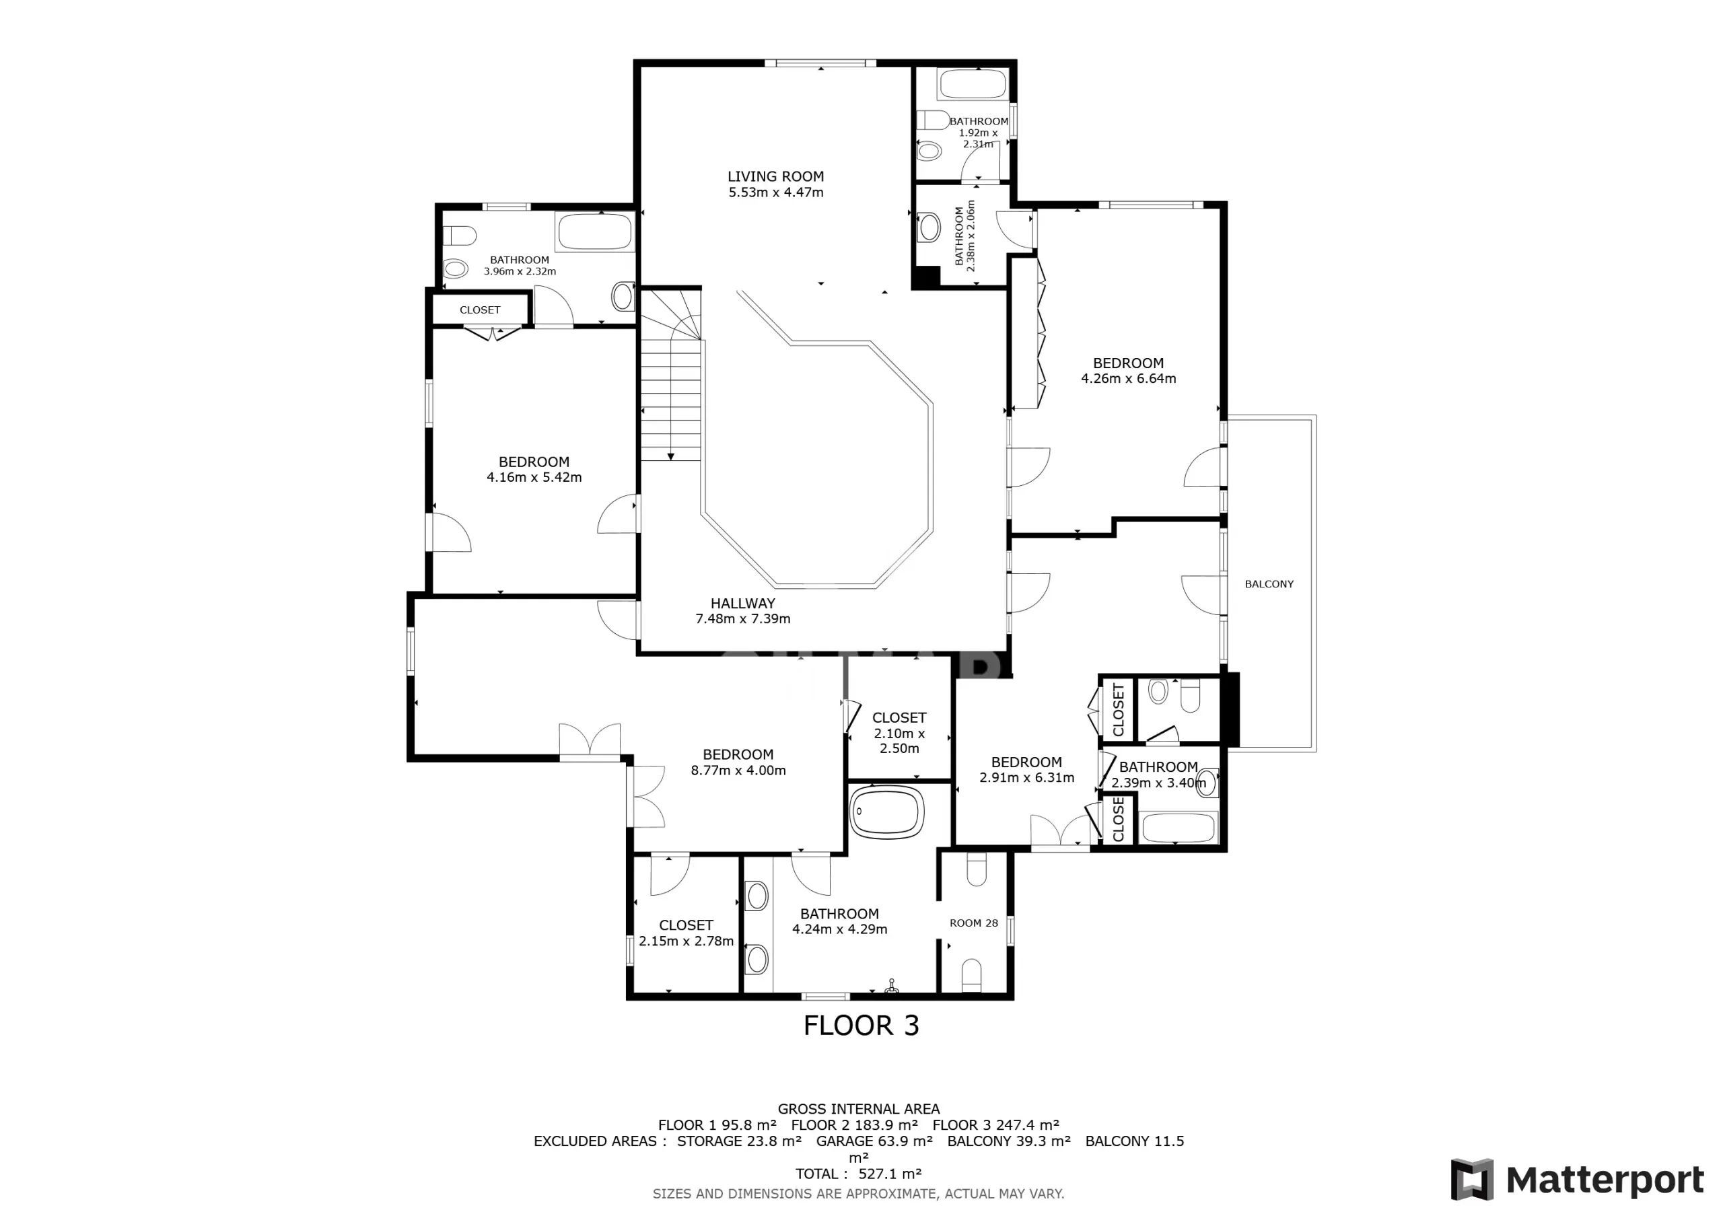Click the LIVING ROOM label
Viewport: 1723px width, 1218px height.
775,176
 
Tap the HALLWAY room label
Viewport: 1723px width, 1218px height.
742,604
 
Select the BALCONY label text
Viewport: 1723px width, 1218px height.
1269,584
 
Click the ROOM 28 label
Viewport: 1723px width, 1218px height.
973,923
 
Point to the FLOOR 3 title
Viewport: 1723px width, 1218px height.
861,1025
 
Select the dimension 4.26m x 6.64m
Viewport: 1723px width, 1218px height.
1128,379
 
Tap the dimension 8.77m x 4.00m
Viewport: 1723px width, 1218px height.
738,771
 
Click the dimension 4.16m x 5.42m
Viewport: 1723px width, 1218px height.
534,477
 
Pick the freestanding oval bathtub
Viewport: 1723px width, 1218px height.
886,812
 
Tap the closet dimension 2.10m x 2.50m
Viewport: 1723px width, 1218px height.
899,741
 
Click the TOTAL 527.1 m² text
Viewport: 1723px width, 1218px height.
859,1174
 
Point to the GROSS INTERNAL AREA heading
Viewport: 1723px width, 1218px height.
859,1108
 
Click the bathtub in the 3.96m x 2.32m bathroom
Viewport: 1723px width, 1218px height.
595,231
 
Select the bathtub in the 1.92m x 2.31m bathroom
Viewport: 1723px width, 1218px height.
972,84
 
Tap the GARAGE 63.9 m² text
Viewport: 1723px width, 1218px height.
874,1141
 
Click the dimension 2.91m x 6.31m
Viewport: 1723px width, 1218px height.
1026,778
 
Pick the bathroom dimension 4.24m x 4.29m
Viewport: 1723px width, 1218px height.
840,930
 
